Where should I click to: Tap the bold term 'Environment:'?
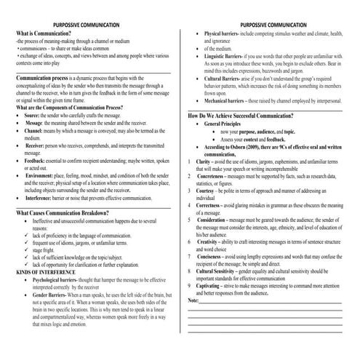pyautogui.click(x=41, y=177)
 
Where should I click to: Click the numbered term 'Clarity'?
pyautogui.click(x=207, y=158)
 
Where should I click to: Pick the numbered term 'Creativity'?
pyautogui.click(x=211, y=241)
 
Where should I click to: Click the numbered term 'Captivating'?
pyautogui.click(x=213, y=287)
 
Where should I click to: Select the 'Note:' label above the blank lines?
pyautogui.click(x=193, y=300)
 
